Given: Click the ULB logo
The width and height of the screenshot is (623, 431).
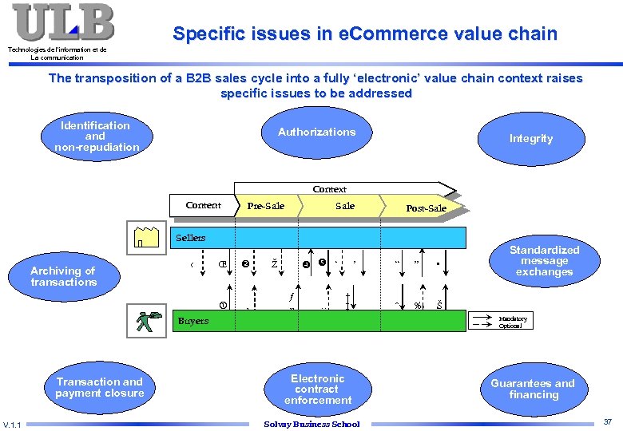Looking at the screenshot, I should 62,22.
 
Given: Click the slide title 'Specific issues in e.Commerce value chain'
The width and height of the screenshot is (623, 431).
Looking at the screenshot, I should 365,34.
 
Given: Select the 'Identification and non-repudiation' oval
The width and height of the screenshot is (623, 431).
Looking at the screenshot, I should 96,136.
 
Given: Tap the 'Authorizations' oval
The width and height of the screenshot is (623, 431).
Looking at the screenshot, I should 316,132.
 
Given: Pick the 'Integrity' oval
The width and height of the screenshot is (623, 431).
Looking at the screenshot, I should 530,138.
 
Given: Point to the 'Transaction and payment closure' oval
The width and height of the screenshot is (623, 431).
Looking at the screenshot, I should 100,388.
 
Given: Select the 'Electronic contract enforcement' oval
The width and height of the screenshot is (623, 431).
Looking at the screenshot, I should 317,389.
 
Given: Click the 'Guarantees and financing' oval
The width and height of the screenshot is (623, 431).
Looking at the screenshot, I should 533,389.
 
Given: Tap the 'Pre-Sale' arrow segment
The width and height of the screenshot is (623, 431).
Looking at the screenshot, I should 266,206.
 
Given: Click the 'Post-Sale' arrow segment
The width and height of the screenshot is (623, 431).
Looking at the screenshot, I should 426,208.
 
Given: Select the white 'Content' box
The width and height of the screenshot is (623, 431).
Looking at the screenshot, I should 204,205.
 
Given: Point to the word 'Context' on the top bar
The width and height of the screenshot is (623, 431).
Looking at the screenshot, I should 329,189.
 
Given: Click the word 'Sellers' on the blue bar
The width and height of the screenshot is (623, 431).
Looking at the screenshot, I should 190,238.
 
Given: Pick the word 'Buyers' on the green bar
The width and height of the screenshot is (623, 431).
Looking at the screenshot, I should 192,321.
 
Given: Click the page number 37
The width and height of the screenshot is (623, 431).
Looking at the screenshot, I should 607,421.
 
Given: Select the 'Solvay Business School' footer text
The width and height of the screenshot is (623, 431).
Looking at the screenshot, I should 311,424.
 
